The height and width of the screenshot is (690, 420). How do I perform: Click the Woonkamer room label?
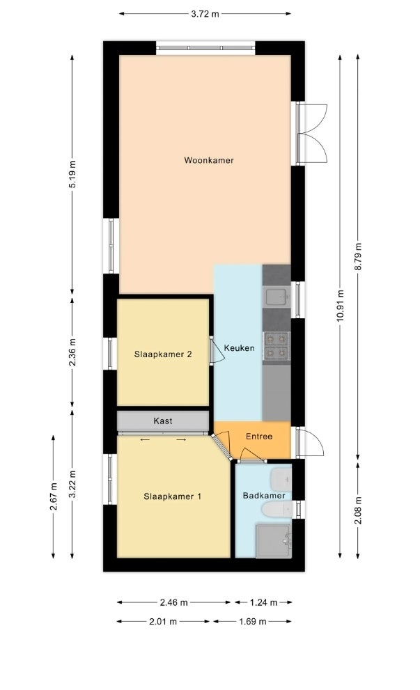point(209,160)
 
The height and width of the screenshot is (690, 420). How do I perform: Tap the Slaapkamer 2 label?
point(163,354)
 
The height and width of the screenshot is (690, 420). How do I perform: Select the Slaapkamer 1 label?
point(173,496)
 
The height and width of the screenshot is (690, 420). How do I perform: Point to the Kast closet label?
point(163,421)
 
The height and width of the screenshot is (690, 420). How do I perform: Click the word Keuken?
point(239,348)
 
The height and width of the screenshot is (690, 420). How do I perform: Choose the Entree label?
point(259,437)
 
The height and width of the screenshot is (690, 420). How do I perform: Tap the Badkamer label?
point(264,496)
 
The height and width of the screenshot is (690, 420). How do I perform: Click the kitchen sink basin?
point(277,297)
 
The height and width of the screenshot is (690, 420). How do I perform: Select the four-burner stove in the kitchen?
point(276,346)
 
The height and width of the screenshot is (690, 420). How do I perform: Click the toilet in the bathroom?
point(277,510)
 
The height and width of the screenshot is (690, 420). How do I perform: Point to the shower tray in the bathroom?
point(274,540)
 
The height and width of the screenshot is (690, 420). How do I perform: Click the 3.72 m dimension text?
point(205,14)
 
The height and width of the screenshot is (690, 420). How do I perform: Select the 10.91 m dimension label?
point(340,306)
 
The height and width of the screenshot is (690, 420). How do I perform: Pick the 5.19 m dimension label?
point(72,174)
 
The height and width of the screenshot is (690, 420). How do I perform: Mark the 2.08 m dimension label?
point(358,510)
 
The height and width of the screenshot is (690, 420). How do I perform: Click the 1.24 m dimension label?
point(263,602)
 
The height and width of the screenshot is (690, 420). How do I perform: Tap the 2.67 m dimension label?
point(54,497)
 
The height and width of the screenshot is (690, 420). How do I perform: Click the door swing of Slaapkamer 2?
point(217,351)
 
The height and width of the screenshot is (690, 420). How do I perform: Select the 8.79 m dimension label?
point(358,256)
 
